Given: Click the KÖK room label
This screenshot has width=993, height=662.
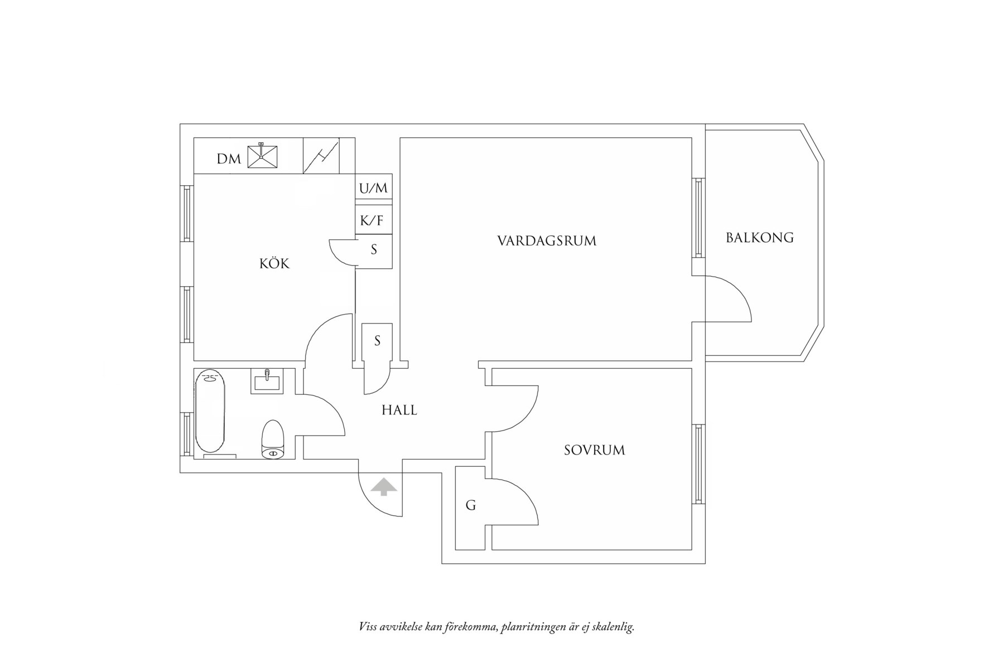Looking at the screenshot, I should pos(274,263).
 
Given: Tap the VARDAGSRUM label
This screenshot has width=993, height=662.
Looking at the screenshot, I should pos(546,241).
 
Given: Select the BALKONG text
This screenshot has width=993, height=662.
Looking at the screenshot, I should pos(759,238).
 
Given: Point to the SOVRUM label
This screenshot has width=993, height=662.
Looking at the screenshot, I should pos(594,450).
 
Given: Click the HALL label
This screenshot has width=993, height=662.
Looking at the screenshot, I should pos(399,410).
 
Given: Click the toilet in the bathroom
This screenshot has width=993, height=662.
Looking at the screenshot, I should pos(273,440).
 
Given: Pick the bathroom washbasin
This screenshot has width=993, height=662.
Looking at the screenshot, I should pos(266,381).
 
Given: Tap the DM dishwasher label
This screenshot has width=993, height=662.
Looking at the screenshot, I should pos(229,160).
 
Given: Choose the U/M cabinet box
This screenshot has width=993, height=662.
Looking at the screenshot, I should pos(373,188).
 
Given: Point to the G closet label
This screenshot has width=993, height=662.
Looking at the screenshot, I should pos(471,506).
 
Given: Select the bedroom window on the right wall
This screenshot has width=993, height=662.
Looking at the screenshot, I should pos(698,464).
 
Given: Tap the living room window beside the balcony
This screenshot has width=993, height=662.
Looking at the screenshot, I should pos(698,218).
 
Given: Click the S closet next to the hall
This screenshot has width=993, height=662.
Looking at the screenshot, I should pos(377,341).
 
